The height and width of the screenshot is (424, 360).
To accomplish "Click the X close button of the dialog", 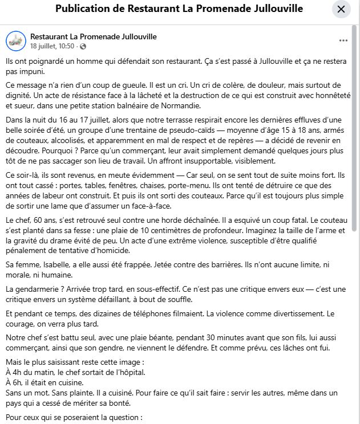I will [x=341, y=9].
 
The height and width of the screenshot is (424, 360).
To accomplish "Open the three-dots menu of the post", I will [x=343, y=40].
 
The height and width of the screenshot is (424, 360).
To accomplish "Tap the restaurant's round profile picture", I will [x=16, y=40].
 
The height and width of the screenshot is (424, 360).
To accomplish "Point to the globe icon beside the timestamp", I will [x=83, y=46].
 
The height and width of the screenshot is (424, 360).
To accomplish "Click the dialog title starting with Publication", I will [x=179, y=9].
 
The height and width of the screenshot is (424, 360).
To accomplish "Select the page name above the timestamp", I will [x=93, y=36].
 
